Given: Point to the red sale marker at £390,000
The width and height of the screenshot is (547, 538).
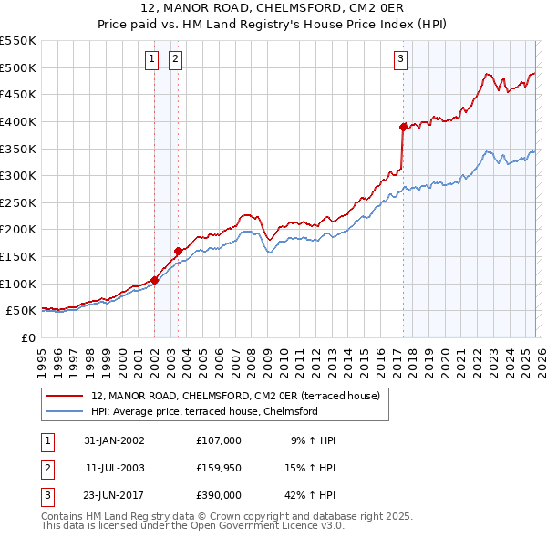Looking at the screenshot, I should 403,128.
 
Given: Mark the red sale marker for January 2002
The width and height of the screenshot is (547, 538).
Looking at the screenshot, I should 154,280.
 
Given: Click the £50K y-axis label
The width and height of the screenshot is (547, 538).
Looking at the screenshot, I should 22,311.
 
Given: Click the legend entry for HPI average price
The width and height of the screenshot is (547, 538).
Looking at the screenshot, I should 203,412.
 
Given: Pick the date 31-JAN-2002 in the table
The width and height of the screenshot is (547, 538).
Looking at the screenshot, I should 114,440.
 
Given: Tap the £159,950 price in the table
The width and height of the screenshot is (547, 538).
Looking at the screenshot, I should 218,468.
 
